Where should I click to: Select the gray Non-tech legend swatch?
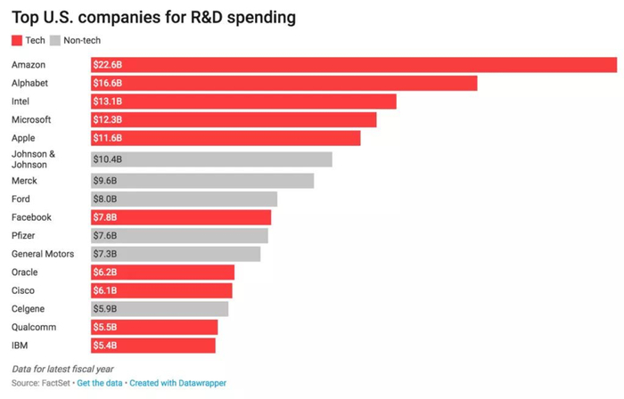tap(55, 41)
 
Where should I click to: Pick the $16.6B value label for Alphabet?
tap(108, 83)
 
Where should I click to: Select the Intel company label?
tap(21, 102)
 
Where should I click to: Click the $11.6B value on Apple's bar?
tap(108, 138)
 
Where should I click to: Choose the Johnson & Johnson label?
tap(34, 159)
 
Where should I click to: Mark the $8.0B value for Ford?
tap(105, 199)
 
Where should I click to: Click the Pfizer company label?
tap(24, 236)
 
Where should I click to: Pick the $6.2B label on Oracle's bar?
tap(105, 273)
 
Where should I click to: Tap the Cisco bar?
tap(161, 290)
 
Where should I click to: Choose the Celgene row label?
tap(29, 309)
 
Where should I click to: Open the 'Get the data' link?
tap(101, 383)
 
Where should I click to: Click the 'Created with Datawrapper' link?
tap(179, 383)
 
